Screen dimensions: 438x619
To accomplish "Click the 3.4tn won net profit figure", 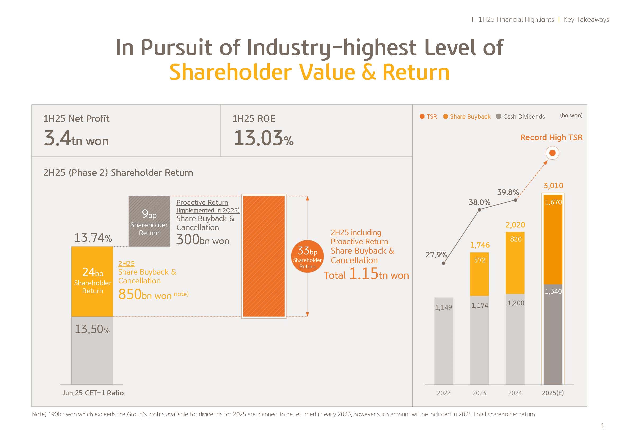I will (x=76, y=138).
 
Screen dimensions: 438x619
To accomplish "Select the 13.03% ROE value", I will (x=263, y=138).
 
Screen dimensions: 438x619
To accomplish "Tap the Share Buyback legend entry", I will (x=467, y=117).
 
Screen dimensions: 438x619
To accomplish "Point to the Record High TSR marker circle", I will (x=552, y=153).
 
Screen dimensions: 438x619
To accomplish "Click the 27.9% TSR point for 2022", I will (x=444, y=263).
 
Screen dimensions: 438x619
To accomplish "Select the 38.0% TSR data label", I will (x=479, y=202).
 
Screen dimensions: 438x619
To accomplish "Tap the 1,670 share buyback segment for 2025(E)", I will (x=553, y=239).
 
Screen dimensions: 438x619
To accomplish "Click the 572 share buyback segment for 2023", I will (x=479, y=274).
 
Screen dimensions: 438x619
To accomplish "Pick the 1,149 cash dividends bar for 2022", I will (x=444, y=341).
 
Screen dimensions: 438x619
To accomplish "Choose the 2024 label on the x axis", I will (x=515, y=393).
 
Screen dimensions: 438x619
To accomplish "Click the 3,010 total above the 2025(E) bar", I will (x=553, y=186).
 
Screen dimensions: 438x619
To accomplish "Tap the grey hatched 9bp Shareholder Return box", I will (x=149, y=221).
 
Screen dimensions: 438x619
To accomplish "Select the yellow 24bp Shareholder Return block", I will (x=92, y=281).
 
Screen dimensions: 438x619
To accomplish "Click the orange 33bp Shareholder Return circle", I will (x=307, y=256).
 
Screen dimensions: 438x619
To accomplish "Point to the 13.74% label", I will (x=93, y=238).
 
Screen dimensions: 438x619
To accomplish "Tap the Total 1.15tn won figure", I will (x=366, y=274).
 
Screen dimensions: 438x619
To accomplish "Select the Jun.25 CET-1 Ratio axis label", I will (x=93, y=393).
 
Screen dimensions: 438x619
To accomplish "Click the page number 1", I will (x=603, y=426).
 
